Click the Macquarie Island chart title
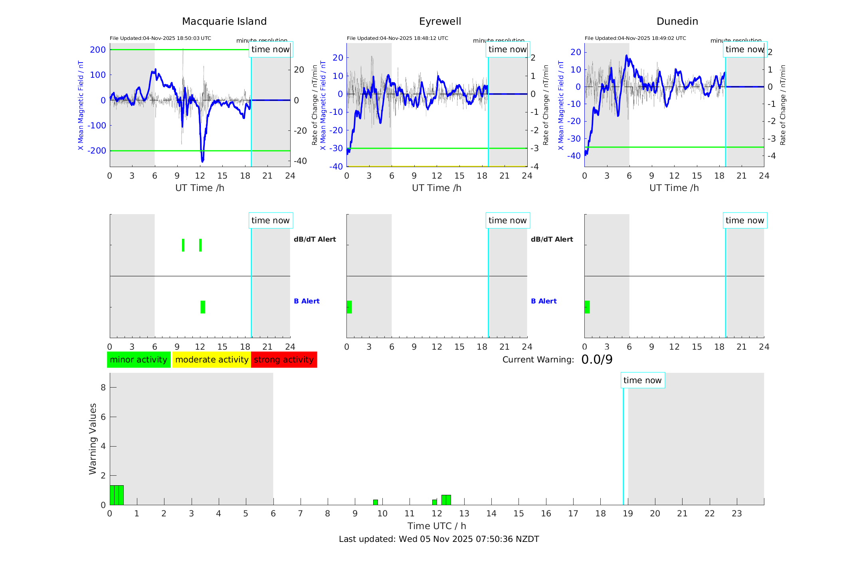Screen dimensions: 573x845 (224, 22)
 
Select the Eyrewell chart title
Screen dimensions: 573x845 (440, 22)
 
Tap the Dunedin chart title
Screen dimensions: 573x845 (677, 22)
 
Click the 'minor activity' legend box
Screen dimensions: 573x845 (139, 360)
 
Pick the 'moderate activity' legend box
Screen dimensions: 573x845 (212, 360)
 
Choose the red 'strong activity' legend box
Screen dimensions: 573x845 (284, 360)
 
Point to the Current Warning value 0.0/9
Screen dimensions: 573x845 (597, 360)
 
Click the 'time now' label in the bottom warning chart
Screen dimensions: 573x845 (642, 380)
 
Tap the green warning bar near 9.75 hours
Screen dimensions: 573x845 (375, 502)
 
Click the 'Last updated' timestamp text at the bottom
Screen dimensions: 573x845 (439, 539)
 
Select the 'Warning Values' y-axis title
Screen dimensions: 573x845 (93, 439)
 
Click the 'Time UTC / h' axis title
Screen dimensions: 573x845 (437, 526)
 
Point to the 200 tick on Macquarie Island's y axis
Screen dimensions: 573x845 (98, 50)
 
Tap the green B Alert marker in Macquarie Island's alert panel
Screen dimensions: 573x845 (203, 307)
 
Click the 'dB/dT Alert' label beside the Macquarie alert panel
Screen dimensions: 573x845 (315, 239)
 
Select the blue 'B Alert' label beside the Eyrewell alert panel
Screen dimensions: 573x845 (544, 301)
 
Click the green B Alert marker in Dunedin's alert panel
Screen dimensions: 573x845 (587, 307)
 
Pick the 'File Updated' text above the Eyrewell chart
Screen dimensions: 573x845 (397, 38)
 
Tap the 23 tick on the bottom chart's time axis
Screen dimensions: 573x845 (736, 514)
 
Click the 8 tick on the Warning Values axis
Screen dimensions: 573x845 (103, 387)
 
